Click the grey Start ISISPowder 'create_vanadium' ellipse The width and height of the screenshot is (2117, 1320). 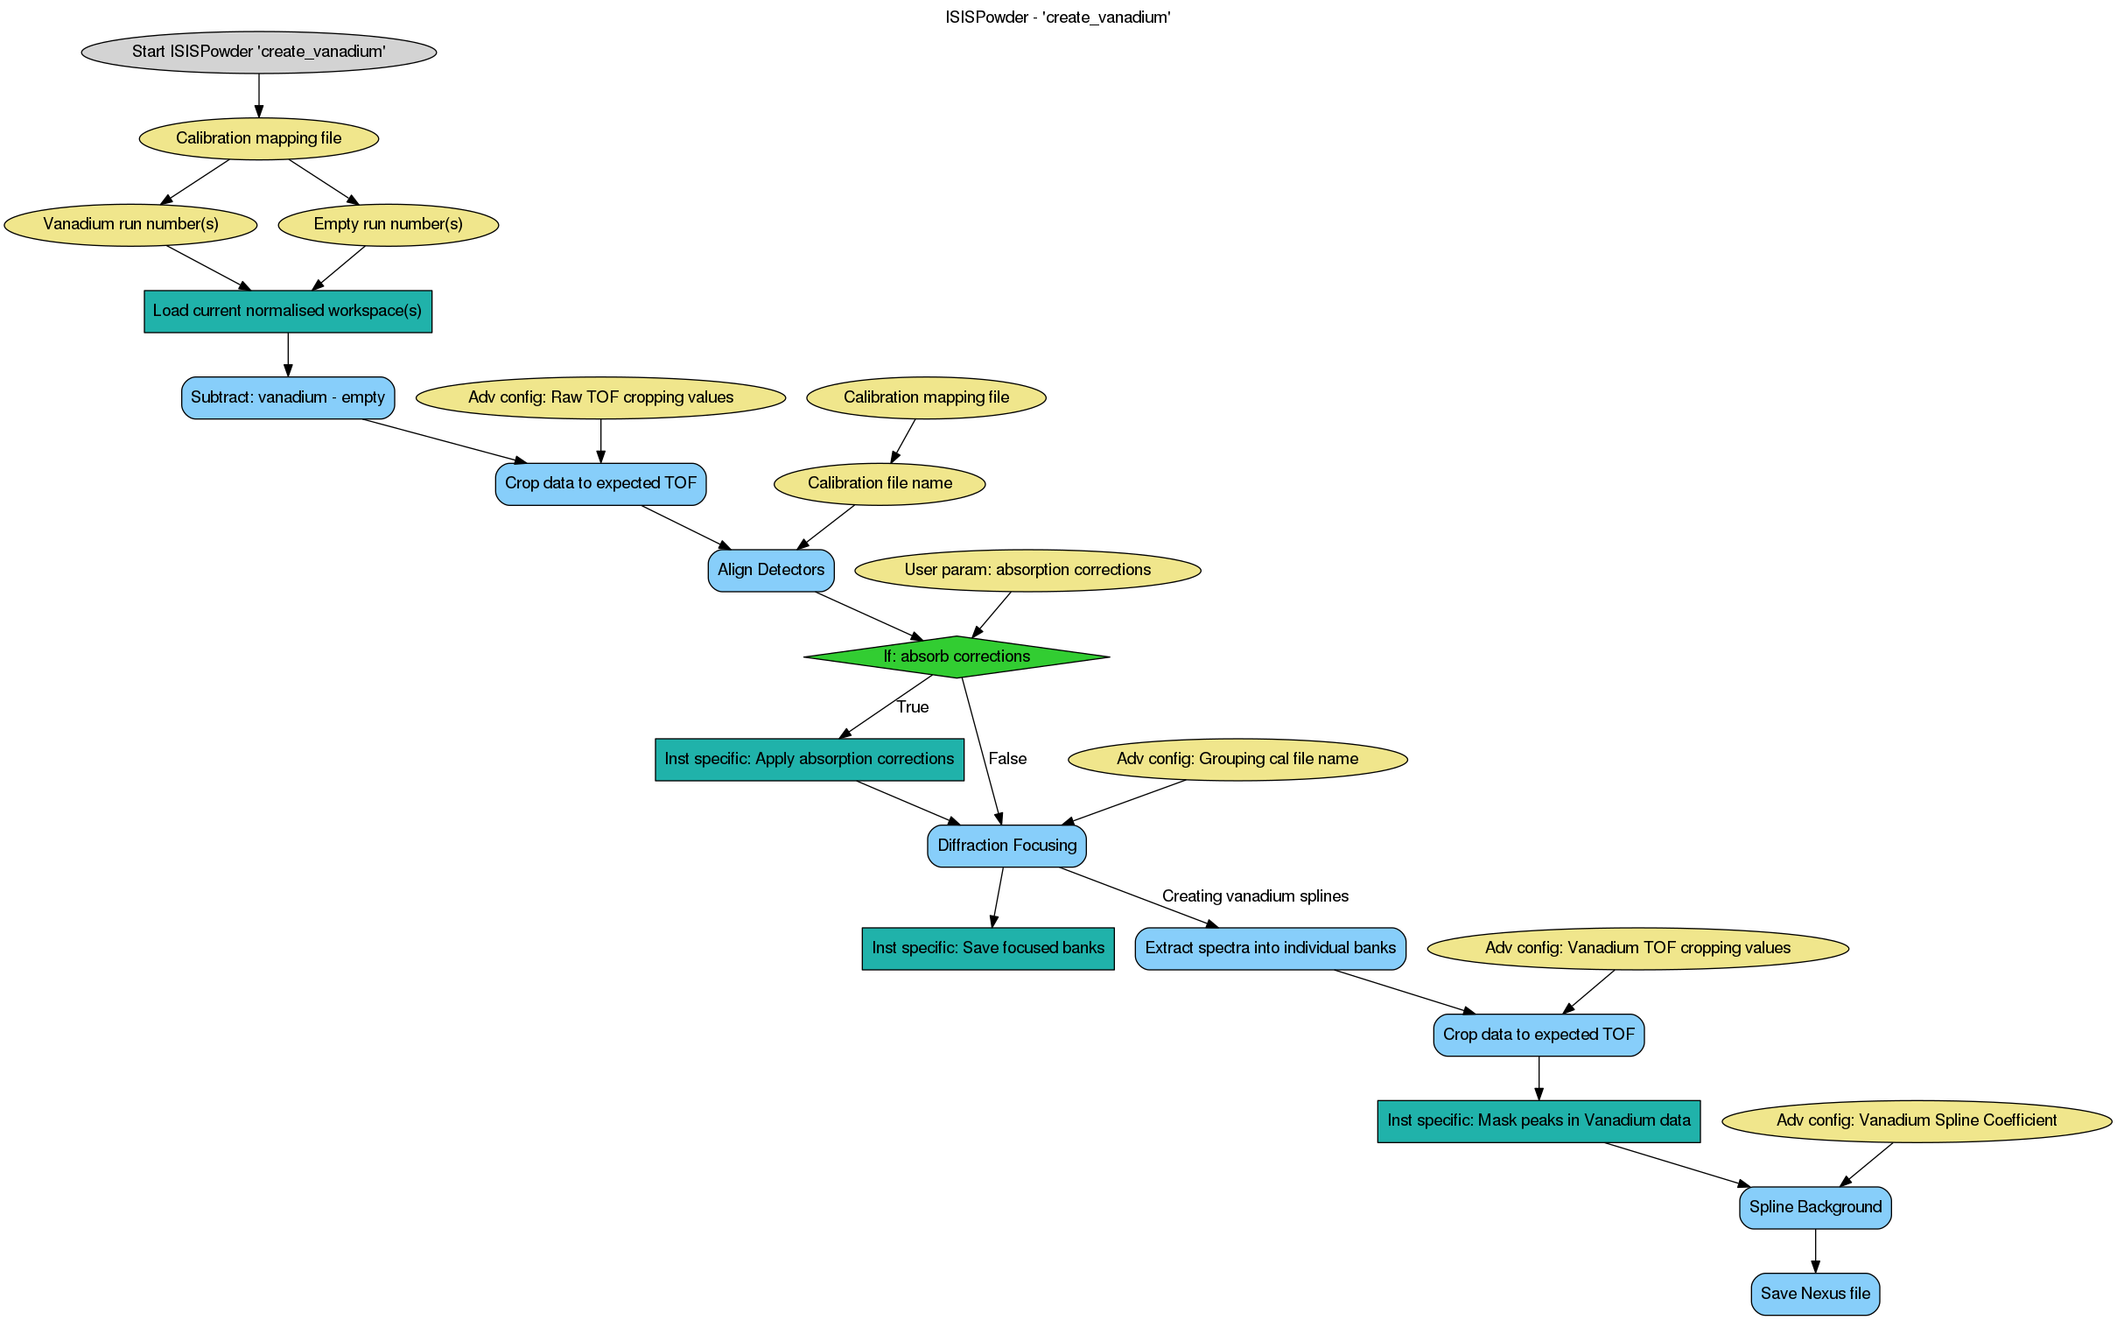coord(258,52)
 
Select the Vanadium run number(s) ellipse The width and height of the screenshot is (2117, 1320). coord(130,224)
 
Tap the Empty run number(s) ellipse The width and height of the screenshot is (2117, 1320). coord(388,224)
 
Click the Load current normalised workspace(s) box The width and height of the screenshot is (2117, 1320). coord(287,311)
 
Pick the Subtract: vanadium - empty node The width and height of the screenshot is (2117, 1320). coord(287,397)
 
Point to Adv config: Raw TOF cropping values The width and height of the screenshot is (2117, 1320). coord(600,397)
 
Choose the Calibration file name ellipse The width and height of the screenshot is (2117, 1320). coord(880,483)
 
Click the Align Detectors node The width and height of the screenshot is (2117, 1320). coord(770,570)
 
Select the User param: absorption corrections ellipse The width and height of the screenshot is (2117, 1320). coord(1027,570)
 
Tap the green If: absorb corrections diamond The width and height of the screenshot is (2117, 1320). coord(956,656)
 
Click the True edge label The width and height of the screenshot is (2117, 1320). coord(912,707)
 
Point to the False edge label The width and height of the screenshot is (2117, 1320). coord(1007,759)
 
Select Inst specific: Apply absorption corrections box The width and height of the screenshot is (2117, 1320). coord(809,759)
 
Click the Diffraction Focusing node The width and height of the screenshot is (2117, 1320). coord(1006,846)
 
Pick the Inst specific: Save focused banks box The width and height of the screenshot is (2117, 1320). coord(987,948)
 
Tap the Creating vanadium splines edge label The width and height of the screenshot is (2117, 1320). coord(1255,896)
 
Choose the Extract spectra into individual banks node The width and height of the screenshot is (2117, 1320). coord(1270,948)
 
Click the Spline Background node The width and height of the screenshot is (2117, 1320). coord(1815,1207)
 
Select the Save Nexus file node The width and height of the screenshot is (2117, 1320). coord(1815,1294)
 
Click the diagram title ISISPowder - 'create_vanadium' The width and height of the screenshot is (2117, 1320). coord(1057,18)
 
